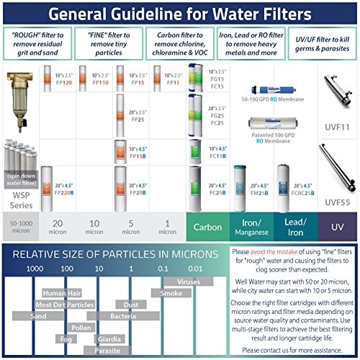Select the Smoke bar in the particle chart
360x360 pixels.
pyautogui.click(x=171, y=293)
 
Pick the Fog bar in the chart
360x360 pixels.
pyautogui.click(x=66, y=337)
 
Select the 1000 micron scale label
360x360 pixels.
pyautogui.click(x=33, y=268)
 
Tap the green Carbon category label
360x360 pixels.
pyautogui.click(x=207, y=227)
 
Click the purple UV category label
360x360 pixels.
pyautogui.click(x=337, y=227)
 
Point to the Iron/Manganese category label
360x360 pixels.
pyautogui.click(x=251, y=227)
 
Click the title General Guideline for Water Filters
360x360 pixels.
pyautogui.click(x=180, y=14)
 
